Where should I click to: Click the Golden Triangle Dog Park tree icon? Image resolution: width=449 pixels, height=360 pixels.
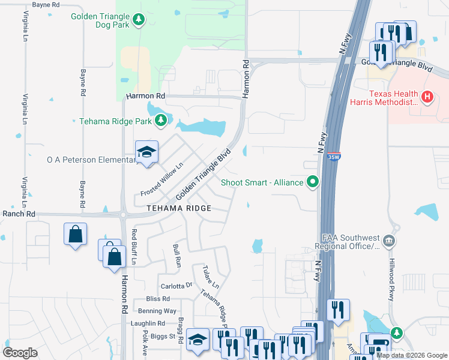(x=139, y=20)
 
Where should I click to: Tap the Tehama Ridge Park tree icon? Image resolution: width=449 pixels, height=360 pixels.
(x=160, y=121)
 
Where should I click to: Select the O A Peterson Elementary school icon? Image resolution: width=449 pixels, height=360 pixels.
(x=146, y=153)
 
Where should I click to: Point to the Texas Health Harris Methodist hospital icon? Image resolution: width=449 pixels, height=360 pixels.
(x=427, y=96)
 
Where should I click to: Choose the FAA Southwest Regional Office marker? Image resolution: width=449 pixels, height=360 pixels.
(x=390, y=241)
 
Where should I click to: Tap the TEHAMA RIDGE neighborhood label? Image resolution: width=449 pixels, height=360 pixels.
(x=179, y=208)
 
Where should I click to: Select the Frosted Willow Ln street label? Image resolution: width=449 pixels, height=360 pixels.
(x=161, y=179)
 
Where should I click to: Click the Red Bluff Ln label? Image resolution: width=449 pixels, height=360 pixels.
(x=134, y=247)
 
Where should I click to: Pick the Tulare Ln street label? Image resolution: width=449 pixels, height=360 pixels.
(x=211, y=275)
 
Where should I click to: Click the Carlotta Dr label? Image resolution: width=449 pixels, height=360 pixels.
(x=176, y=286)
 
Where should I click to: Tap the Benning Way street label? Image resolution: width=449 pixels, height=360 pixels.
(x=157, y=311)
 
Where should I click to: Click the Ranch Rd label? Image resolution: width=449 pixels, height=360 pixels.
(x=18, y=214)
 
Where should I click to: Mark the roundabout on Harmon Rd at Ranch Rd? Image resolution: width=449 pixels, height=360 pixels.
(x=124, y=214)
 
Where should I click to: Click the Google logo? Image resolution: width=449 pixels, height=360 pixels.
(x=20, y=353)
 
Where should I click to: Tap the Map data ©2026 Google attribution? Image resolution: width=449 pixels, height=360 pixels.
(x=412, y=355)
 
